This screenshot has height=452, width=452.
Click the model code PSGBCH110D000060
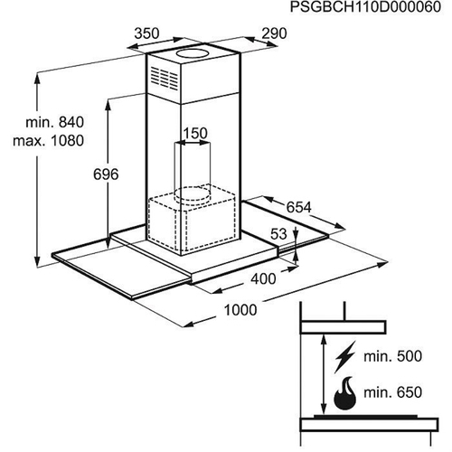tap(365, 7)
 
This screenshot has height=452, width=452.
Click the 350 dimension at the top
tap(146, 33)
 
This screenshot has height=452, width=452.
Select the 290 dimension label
tap(274, 33)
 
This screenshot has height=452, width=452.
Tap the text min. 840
tap(55, 122)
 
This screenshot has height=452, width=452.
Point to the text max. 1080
tap(48, 141)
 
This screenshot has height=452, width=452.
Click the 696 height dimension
tap(106, 174)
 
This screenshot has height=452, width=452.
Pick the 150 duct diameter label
tap(195, 134)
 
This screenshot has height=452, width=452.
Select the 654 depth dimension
tap(298, 207)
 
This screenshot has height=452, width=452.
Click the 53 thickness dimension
tap(278, 234)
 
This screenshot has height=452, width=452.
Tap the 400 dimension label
tap(263, 278)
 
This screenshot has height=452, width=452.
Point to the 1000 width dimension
tap(240, 310)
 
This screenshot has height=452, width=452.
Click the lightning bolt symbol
tap(345, 357)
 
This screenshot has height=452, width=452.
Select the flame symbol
tap(345, 392)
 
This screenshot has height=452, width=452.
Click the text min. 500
tap(392, 356)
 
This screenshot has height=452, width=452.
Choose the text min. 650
tap(392, 392)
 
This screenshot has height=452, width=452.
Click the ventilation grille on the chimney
tap(165, 78)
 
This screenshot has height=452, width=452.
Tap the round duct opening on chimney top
tap(193, 53)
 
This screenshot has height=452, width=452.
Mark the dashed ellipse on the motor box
tap(193, 194)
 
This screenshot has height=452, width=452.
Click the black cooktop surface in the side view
tap(365, 417)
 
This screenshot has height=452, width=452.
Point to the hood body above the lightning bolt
tap(344, 327)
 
